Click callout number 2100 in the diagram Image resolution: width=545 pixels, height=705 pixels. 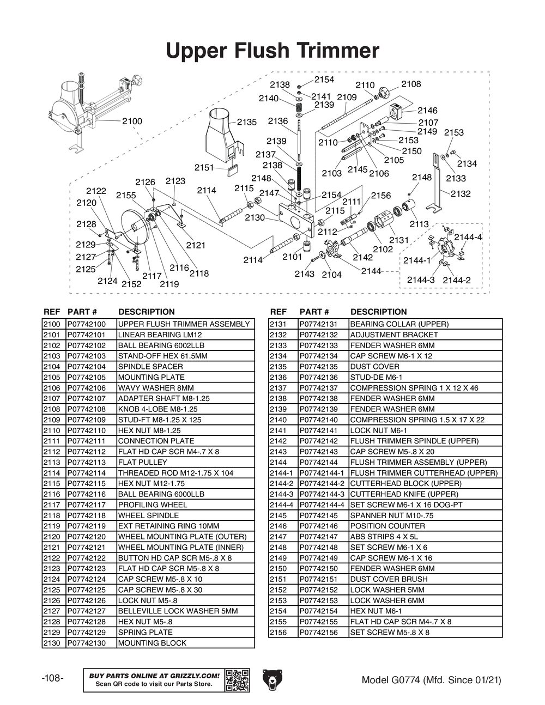132,121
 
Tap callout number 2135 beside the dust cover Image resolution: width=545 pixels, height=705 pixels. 246,122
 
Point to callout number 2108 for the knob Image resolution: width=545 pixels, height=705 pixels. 411,84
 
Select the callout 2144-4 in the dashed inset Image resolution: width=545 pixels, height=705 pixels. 468,237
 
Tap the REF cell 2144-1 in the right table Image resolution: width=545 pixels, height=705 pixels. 281,473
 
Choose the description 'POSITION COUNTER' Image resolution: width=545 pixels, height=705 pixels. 387,526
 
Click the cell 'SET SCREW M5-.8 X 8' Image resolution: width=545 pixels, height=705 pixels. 390,632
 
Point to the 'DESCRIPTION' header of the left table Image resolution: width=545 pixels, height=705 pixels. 146,312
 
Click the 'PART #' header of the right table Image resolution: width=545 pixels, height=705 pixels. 314,312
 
